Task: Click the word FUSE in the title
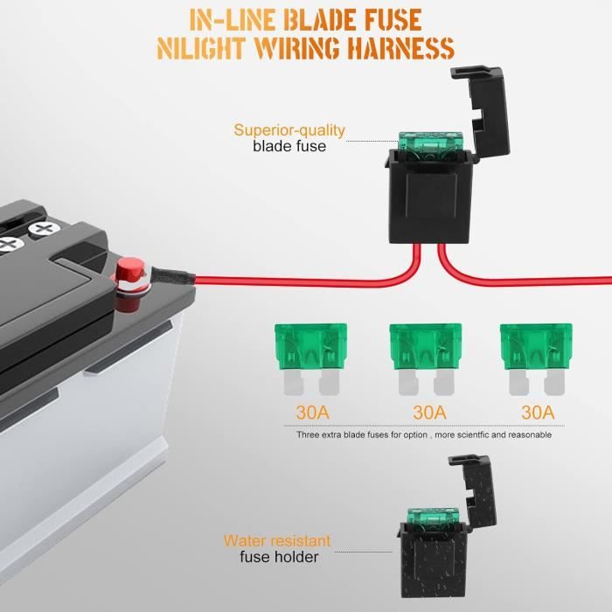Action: (x=393, y=20)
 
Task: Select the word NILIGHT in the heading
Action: (x=201, y=48)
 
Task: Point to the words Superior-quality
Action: (x=289, y=130)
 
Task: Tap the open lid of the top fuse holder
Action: (x=483, y=110)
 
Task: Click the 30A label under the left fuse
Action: (x=313, y=413)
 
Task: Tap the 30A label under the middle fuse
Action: (x=429, y=413)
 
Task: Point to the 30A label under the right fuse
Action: (x=538, y=413)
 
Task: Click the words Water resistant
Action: (x=277, y=540)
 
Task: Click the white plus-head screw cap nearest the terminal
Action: (x=44, y=229)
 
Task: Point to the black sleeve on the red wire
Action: (x=172, y=276)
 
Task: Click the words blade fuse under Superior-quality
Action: (x=289, y=146)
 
